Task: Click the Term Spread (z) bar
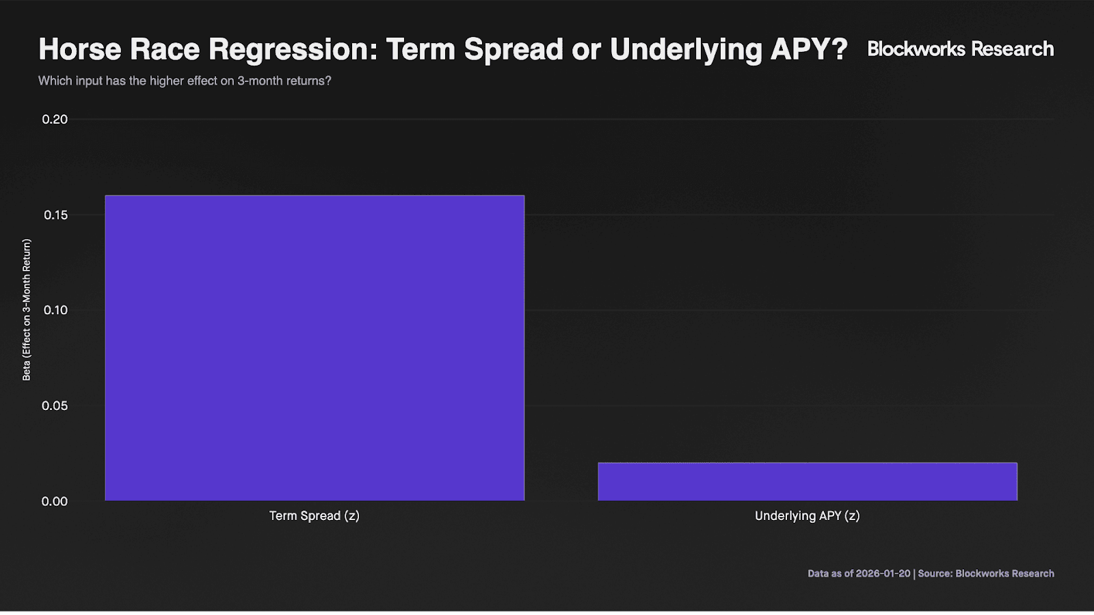pos(315,348)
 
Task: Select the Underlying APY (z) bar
pos(808,481)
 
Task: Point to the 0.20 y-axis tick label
pos(55,120)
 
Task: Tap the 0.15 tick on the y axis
pos(55,215)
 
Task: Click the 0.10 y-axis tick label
pos(55,310)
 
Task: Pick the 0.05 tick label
pos(55,406)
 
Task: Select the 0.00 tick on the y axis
pos(55,502)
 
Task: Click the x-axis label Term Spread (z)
pos(315,516)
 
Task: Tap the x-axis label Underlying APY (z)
pos(808,516)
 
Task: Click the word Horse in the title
pos(79,49)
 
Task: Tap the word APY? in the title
pos(808,49)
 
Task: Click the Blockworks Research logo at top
pos(960,49)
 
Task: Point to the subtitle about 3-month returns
pos(185,81)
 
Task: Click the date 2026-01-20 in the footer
pos(883,573)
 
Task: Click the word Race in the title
pos(165,49)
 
